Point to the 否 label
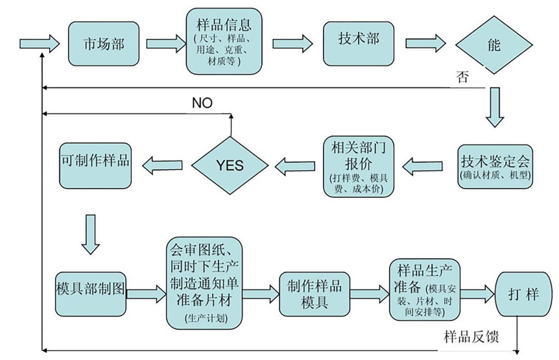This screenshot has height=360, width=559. (461, 78)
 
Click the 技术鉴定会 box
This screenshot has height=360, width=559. (496, 165)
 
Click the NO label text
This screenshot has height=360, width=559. (202, 102)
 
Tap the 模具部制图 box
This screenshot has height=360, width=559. (90, 287)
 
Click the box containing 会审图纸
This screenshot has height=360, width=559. (205, 283)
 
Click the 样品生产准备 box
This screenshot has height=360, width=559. (425, 288)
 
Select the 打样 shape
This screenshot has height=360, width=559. (523, 294)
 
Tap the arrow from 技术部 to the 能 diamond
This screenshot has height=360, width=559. (425, 43)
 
